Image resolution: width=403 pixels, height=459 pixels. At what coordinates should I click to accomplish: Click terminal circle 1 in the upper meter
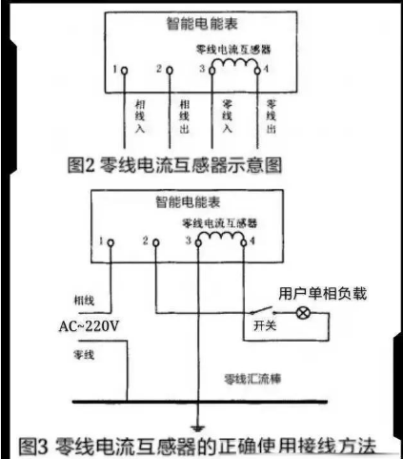125,71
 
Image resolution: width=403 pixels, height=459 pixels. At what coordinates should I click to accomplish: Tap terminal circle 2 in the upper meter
170,71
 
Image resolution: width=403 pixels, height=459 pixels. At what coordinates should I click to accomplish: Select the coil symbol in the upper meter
235,63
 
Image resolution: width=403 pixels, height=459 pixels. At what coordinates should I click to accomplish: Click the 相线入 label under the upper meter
140,116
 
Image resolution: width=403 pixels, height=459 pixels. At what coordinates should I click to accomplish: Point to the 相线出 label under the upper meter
185,116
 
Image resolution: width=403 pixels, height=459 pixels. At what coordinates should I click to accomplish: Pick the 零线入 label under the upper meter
227,116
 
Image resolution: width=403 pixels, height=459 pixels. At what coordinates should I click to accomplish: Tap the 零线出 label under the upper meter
271,116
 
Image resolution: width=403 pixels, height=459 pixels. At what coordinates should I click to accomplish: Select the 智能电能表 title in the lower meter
188,202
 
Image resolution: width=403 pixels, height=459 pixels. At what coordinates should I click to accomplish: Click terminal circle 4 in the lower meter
244,243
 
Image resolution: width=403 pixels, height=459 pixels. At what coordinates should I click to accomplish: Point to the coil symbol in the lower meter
221,237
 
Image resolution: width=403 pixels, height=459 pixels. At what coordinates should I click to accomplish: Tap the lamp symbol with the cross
303,313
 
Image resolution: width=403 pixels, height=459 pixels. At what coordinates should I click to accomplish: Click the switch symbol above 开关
261,310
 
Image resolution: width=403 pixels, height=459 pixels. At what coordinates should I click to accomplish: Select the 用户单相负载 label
323,294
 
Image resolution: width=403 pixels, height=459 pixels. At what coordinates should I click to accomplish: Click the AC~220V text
89,326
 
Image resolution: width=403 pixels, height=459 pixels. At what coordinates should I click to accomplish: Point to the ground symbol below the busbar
198,428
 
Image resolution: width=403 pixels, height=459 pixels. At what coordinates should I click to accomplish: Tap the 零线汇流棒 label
252,379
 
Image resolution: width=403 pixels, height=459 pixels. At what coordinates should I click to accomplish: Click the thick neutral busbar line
200,402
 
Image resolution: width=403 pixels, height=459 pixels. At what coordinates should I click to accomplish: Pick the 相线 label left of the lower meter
84,301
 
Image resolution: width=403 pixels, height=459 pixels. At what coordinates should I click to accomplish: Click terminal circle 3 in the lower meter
198,243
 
